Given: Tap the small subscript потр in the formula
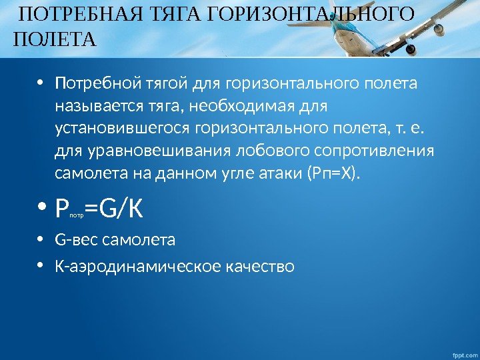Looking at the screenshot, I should click(77, 216).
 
